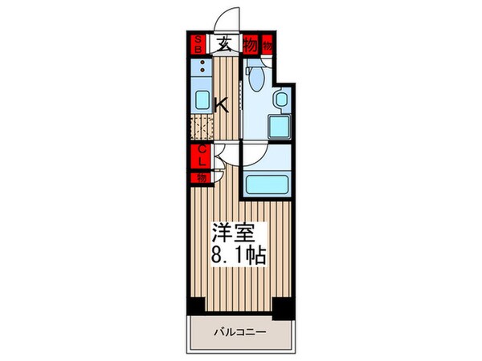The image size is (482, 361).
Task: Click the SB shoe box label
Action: [x=197, y=43]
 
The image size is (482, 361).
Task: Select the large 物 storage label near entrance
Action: [x=250, y=46]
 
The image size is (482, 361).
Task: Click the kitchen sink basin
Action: [x=201, y=101]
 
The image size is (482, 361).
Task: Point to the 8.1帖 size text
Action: [x=239, y=257]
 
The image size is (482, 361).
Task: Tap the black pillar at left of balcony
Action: [x=196, y=306]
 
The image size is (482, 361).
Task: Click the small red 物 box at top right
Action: [x=268, y=46]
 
